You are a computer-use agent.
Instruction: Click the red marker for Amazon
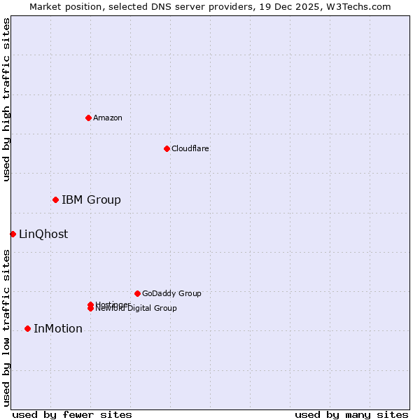tap(88, 118)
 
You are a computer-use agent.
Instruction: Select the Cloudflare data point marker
tap(167, 148)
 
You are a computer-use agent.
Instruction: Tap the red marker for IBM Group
tap(55, 200)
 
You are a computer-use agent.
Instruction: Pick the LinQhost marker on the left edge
tap(13, 234)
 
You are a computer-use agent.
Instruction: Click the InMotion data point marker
tap(27, 329)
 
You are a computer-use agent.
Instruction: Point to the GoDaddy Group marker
tap(137, 293)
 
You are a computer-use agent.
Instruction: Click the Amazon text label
tap(108, 118)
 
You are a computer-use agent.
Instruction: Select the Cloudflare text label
tap(190, 148)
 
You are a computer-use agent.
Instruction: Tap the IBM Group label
tap(91, 200)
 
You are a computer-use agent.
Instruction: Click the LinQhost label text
tap(43, 234)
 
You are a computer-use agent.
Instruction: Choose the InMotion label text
tap(58, 329)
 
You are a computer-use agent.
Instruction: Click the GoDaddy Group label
tap(171, 293)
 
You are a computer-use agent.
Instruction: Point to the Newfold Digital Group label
tap(137, 309)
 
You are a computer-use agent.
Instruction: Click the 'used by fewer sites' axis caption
tap(72, 414)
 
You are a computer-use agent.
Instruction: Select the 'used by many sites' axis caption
tap(351, 414)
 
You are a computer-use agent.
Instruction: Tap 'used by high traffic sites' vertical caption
tap(7, 99)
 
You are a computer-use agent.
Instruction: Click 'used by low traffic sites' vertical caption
tap(7, 327)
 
